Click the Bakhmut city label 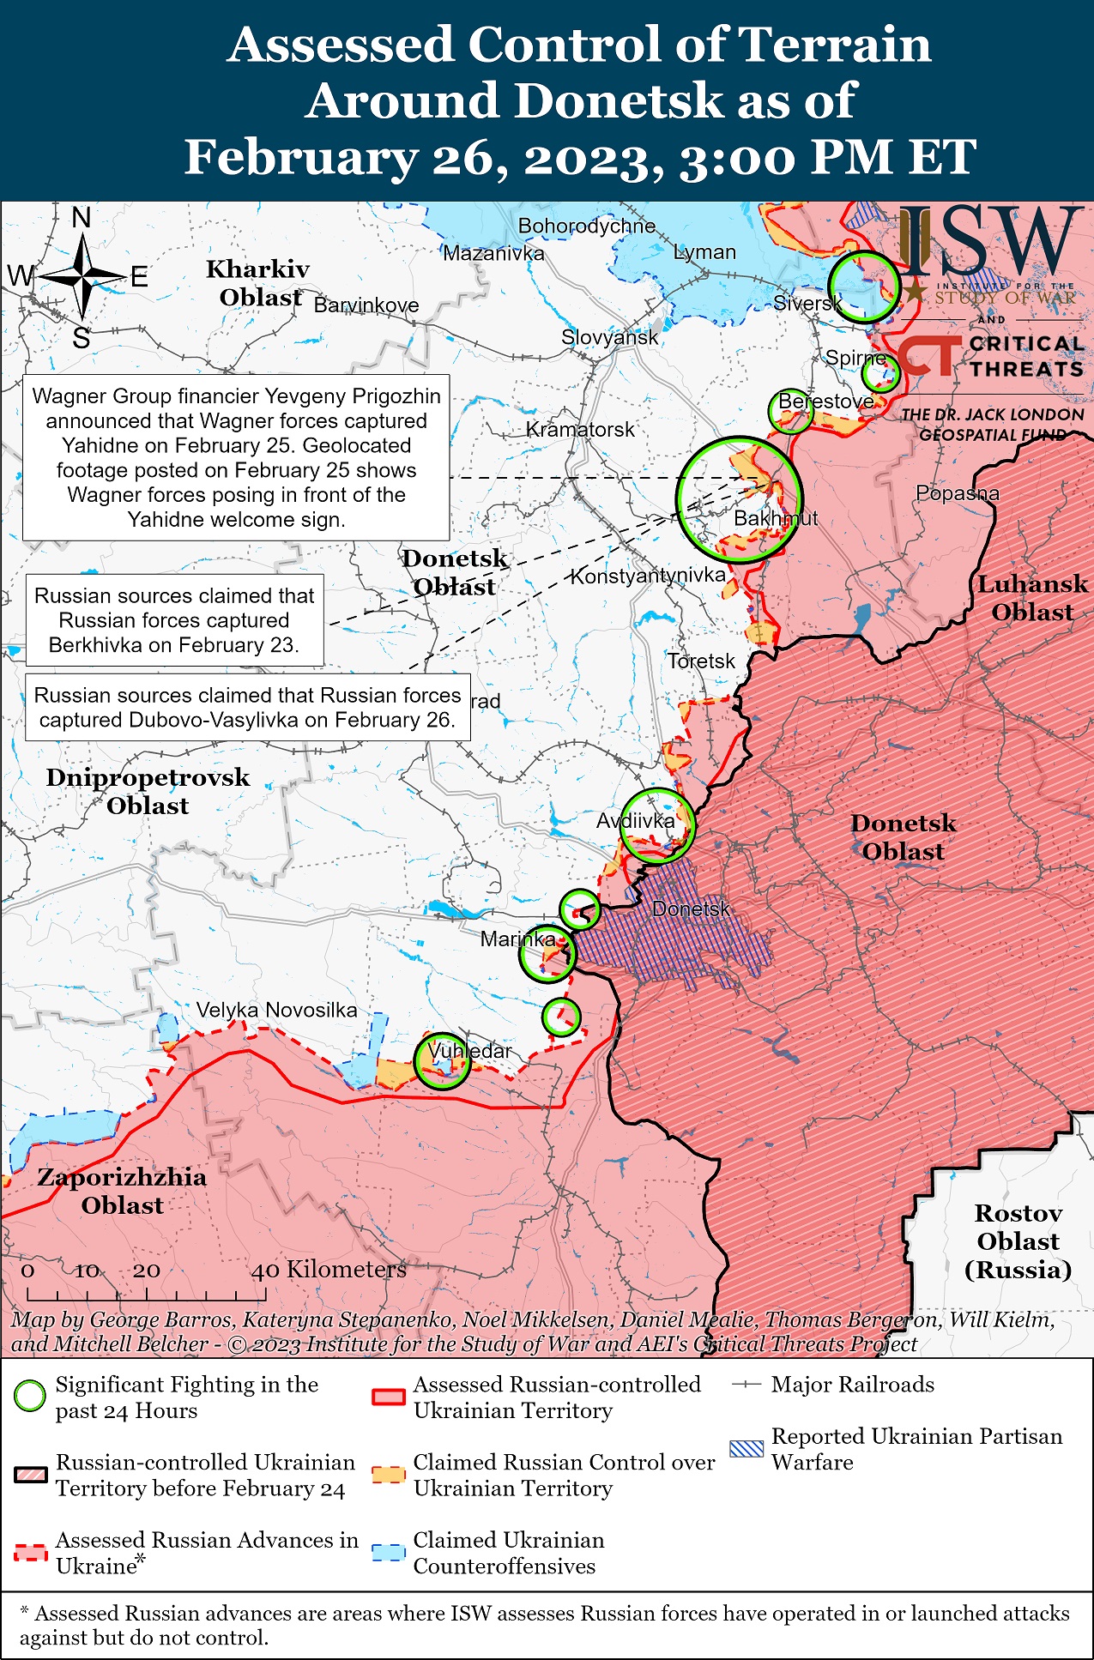[775, 518]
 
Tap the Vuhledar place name [469, 1050]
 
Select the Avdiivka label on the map [635, 821]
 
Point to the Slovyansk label [609, 337]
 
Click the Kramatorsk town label [580, 429]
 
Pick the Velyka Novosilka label [276, 1010]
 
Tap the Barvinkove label [366, 305]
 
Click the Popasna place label [957, 493]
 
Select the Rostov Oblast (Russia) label [1018, 1240]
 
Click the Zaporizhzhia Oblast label [122, 1191]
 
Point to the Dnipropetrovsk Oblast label [148, 791]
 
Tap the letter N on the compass [82, 218]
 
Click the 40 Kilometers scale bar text [328, 1269]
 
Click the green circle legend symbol [30, 1396]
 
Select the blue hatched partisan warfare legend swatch [746, 1449]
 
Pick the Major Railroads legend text [852, 1384]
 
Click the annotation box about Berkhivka [175, 620]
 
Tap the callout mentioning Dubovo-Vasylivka [247, 707]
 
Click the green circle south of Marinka [561, 1017]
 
